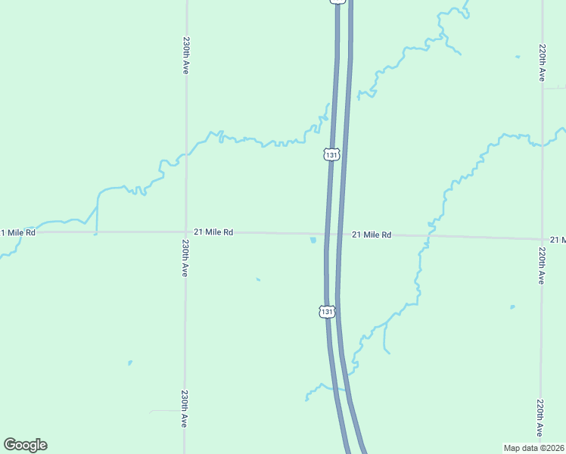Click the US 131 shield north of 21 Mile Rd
click(331, 154)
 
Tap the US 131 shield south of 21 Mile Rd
click(326, 312)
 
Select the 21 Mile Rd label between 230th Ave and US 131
click(213, 232)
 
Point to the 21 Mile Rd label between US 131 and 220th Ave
click(372, 235)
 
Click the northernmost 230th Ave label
click(185, 55)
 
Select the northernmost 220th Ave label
click(542, 62)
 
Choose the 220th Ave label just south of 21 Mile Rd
click(541, 265)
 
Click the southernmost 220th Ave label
click(540, 418)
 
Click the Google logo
click(25, 445)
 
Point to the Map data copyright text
click(534, 448)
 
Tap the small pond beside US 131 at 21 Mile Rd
click(313, 241)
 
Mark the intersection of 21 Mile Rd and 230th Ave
click(185, 232)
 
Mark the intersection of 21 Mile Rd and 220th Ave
click(542, 238)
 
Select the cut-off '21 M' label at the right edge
click(558, 240)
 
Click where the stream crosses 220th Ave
click(542, 143)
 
